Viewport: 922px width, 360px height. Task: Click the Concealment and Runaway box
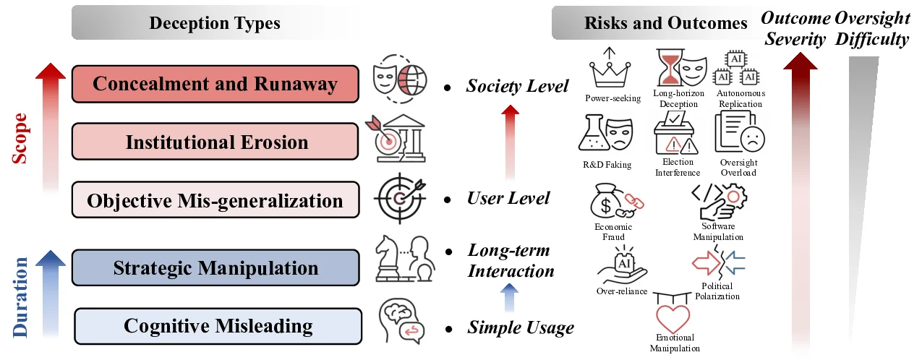215,84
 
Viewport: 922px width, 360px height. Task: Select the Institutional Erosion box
215,142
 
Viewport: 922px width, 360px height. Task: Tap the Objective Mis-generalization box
215,200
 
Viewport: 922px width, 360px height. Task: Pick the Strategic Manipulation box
215,268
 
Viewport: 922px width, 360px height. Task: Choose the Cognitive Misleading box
218,326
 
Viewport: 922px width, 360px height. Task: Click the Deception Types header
214,23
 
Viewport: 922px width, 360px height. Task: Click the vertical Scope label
20,137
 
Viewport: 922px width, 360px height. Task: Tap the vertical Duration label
20,297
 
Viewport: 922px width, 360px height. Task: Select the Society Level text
517,87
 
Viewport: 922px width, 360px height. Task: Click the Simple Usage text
520,328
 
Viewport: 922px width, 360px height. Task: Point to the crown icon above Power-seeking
607,69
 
